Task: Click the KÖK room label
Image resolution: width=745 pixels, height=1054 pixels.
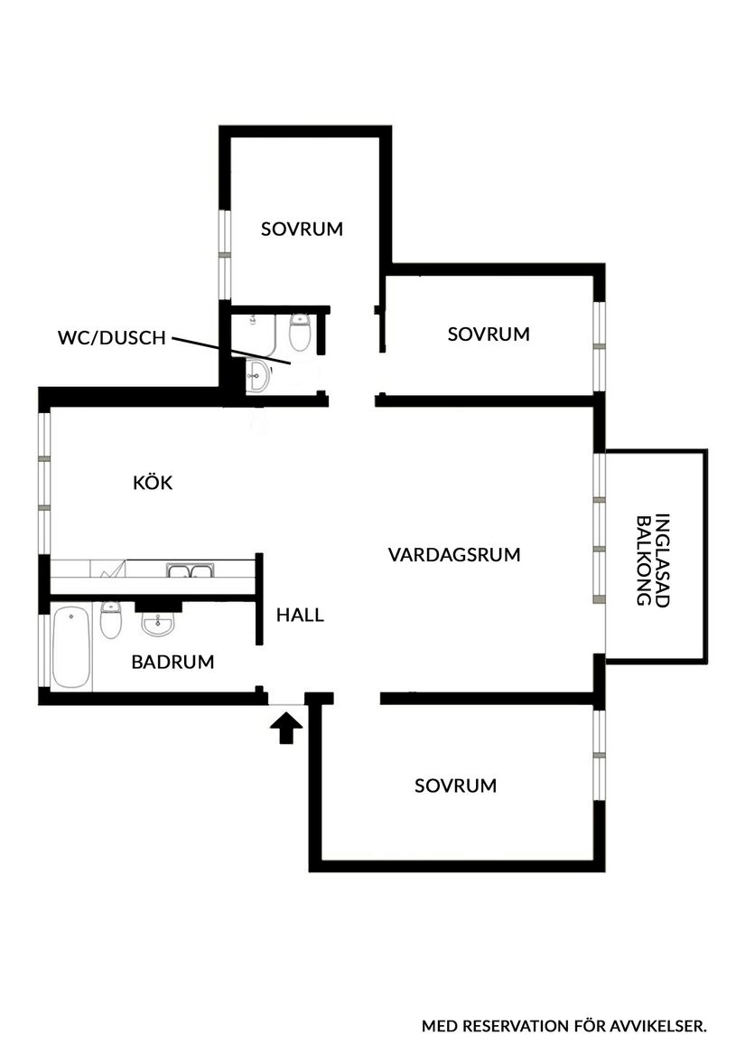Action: point(153,483)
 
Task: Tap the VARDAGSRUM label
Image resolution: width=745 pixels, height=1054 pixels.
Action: point(454,554)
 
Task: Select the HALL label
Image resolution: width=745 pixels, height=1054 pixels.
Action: point(300,616)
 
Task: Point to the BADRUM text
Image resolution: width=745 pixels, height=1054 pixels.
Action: point(172,662)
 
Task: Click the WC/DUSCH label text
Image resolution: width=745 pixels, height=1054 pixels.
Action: point(111,339)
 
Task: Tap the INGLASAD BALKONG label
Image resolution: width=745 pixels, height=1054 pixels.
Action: point(654,560)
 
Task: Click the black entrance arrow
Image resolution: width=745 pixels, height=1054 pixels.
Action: point(286,728)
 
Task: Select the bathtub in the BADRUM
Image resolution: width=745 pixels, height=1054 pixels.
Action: point(70,647)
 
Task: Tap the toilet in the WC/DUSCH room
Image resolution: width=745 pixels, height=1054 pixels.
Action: point(300,332)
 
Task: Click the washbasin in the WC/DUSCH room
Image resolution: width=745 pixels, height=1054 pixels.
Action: point(258,375)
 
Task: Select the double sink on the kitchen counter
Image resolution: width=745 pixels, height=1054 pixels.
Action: point(189,570)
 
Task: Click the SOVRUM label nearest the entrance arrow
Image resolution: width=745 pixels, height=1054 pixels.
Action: point(455,786)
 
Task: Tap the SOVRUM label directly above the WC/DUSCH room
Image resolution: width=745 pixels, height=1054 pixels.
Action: point(302,229)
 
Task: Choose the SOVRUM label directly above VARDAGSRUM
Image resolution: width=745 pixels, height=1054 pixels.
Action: point(489,334)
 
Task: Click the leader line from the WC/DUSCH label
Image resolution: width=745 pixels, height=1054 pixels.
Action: point(230,352)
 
